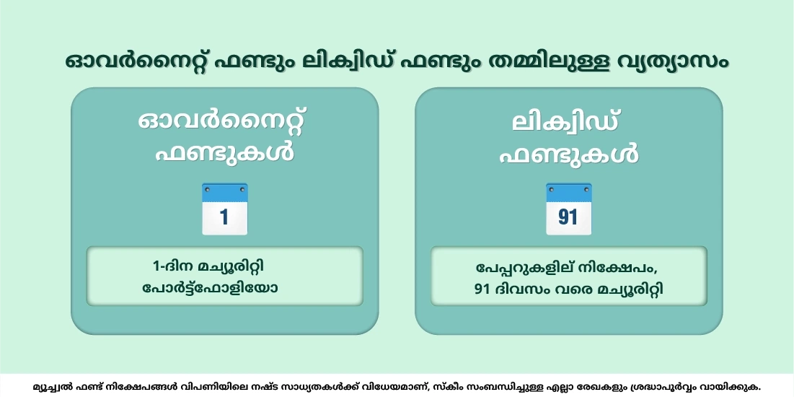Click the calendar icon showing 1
(224, 209)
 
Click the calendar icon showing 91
(568, 209)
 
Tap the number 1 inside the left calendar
(224, 217)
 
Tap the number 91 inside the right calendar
(568, 217)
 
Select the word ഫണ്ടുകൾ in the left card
(224, 153)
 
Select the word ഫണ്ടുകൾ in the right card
(568, 153)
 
